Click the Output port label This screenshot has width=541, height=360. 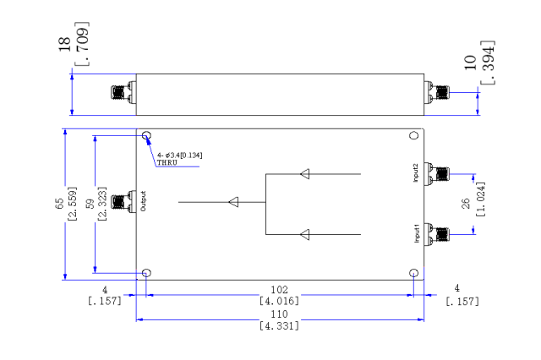(144, 201)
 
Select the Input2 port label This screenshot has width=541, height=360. (416, 172)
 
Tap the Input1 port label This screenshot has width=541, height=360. (417, 233)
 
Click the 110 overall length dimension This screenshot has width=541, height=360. (279, 314)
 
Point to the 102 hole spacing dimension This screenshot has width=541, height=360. (279, 290)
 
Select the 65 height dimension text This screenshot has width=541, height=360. (59, 203)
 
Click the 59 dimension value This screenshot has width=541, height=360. (90, 204)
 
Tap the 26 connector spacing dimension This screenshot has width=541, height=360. (466, 204)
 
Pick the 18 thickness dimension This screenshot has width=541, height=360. (64, 45)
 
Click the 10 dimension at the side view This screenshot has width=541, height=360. (470, 63)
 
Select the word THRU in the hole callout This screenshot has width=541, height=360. (167, 162)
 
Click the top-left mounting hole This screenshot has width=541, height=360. (146, 135)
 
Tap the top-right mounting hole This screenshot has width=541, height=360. (413, 135)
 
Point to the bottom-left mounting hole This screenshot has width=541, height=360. (146, 273)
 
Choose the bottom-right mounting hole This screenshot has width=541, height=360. (413, 273)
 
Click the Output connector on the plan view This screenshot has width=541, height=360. (123, 202)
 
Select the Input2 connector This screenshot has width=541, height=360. (437, 174)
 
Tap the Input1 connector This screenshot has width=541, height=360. (437, 234)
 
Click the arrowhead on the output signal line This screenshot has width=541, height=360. (233, 202)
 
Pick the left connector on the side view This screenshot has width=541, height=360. (123, 92)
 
